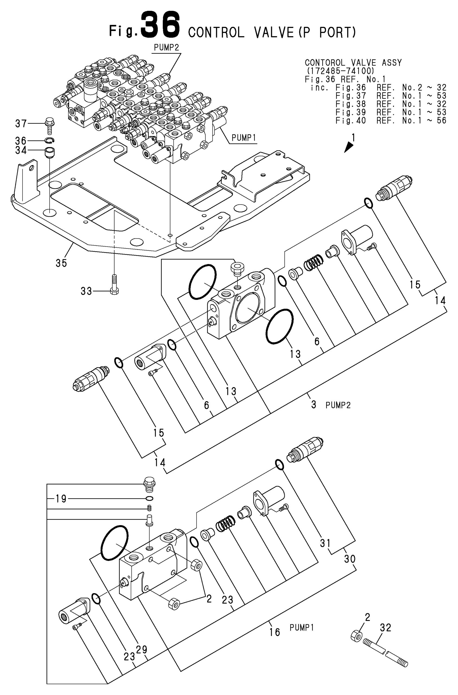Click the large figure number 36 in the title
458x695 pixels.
[x=160, y=25]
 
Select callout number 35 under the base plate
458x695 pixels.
[x=61, y=263]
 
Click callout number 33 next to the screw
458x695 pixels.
[x=86, y=291]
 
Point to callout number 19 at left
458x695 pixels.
[x=61, y=498]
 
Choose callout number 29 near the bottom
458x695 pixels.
[x=141, y=650]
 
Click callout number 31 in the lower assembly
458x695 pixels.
[x=325, y=543]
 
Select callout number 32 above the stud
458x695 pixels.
[x=386, y=628]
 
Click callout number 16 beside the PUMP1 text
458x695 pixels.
[x=275, y=632]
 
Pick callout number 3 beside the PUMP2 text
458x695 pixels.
[x=314, y=405]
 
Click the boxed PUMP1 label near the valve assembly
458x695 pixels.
[x=244, y=138]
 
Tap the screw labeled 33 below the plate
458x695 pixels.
[x=115, y=284]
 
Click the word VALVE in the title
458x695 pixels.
[x=274, y=33]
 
